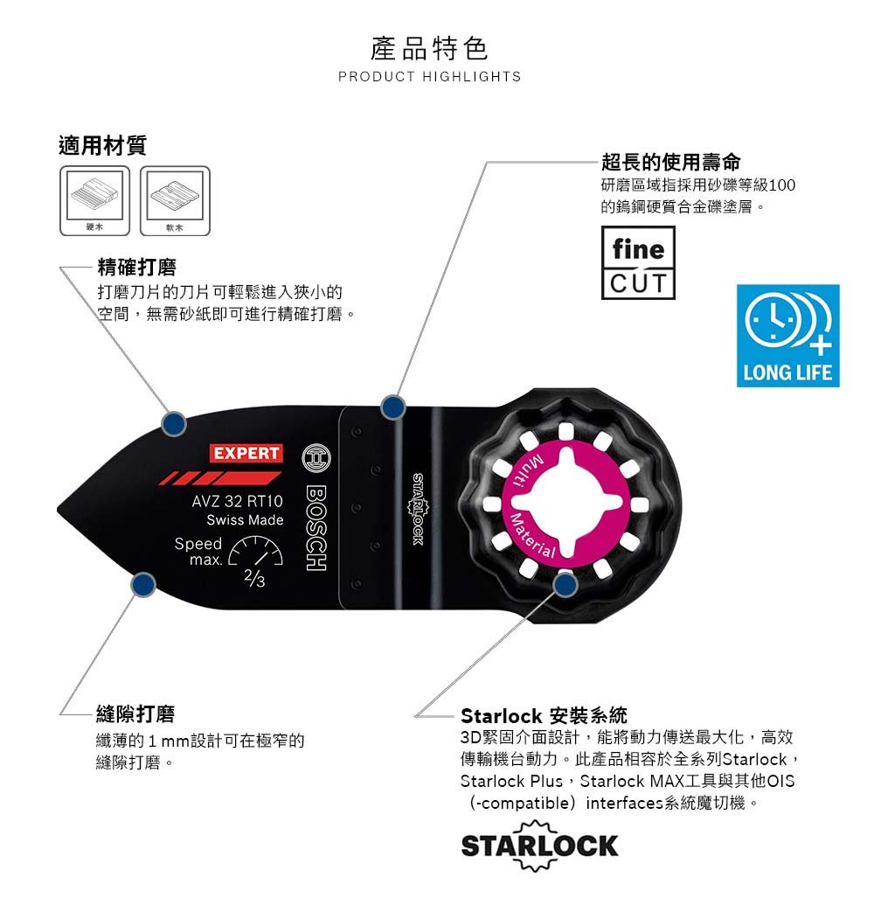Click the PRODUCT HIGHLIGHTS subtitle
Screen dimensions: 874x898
pyautogui.click(x=429, y=77)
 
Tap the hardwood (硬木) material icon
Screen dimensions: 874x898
pyautogui.click(x=95, y=200)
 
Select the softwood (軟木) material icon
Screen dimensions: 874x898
pyautogui.click(x=175, y=200)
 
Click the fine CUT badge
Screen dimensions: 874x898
pyautogui.click(x=638, y=262)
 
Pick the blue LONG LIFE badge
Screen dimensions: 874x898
pyautogui.click(x=787, y=336)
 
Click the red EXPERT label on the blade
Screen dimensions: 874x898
pyautogui.click(x=246, y=453)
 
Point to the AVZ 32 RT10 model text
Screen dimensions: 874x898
pyautogui.click(x=238, y=501)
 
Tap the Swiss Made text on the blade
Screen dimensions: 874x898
pyautogui.click(x=245, y=520)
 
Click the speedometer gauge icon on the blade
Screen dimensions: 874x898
pyautogui.click(x=256, y=551)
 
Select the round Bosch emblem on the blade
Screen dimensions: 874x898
pyautogui.click(x=316, y=457)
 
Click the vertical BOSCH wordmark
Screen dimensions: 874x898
pyautogui.click(x=316, y=528)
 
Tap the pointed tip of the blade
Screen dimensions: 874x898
pyautogui.click(x=58, y=508)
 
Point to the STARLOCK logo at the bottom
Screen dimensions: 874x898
pyautogui.click(x=539, y=846)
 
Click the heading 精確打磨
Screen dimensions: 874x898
pyautogui.click(x=137, y=267)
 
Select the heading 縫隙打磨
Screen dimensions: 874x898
pyautogui.click(x=135, y=714)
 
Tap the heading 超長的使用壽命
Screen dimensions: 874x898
pyautogui.click(x=671, y=162)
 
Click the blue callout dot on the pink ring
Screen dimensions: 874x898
pyautogui.click(x=565, y=584)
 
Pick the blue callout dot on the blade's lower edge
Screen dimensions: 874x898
pyautogui.click(x=143, y=585)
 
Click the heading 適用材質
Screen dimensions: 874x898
pyautogui.click(x=102, y=145)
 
